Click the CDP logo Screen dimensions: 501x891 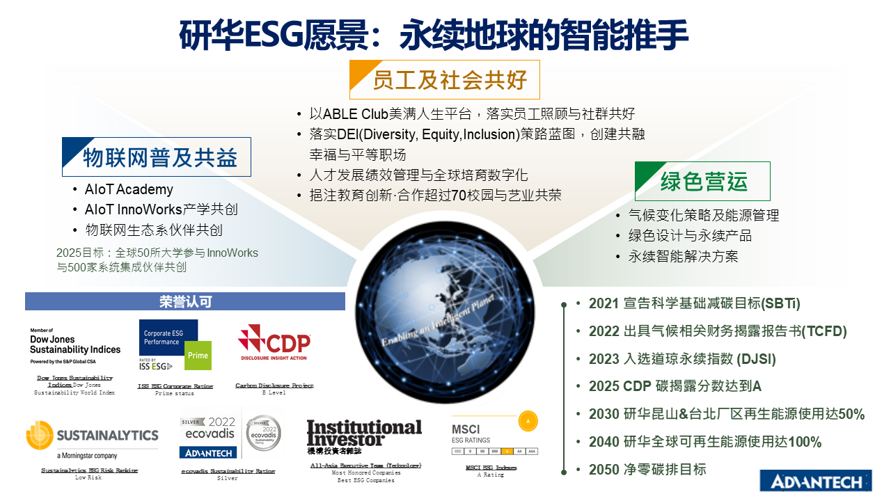click(x=274, y=343)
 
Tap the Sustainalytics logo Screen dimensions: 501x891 click(x=93, y=437)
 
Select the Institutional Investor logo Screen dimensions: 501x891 click(x=364, y=434)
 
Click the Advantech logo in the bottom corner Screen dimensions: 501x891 click(x=815, y=480)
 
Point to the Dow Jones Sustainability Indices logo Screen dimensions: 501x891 click(x=75, y=346)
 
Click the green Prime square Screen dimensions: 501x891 click(x=198, y=356)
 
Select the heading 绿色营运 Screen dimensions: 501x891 click(x=704, y=182)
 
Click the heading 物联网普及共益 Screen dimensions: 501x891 click(x=161, y=157)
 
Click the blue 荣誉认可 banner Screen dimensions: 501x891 click(x=185, y=301)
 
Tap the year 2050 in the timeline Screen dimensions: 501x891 click(x=604, y=469)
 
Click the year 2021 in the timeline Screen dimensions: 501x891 click(x=604, y=303)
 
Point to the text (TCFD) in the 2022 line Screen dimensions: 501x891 click(x=824, y=331)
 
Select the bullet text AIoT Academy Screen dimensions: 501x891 click(x=129, y=189)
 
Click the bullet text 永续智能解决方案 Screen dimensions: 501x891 click(x=683, y=256)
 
